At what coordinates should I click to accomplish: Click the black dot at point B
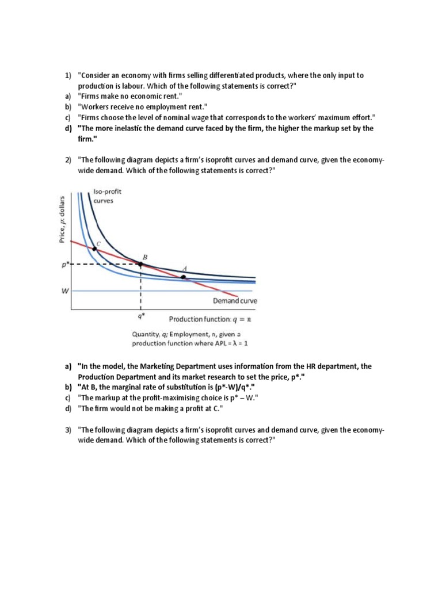[140, 264]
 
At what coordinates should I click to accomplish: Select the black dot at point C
[94, 248]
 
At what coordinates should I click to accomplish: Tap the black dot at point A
[184, 277]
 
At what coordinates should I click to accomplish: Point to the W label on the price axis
[64, 291]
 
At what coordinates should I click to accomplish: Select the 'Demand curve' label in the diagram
[235, 301]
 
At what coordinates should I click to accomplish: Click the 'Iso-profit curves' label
[107, 196]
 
